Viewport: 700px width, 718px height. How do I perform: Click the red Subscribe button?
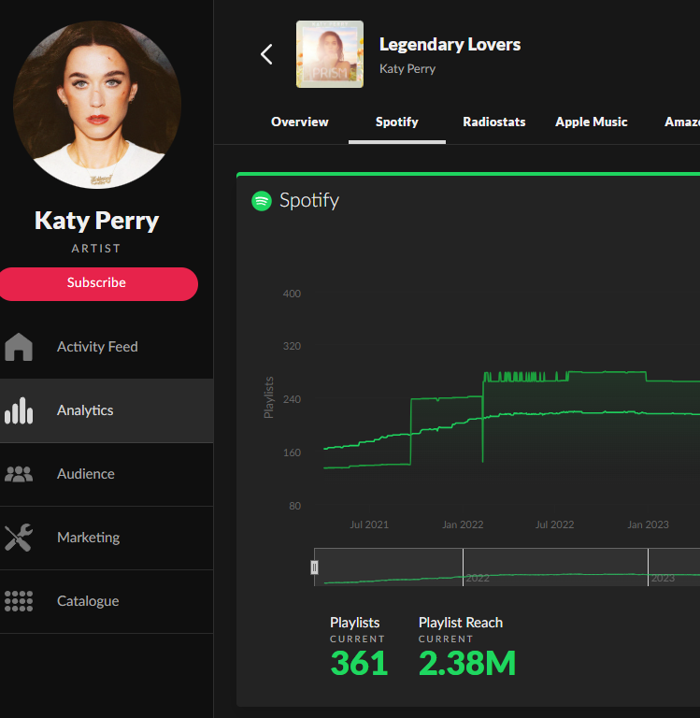[97, 283]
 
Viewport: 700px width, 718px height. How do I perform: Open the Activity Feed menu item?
[97, 347]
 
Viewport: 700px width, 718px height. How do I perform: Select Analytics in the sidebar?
[85, 410]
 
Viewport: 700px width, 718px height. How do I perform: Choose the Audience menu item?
[86, 474]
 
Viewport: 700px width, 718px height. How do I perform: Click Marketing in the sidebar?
[88, 538]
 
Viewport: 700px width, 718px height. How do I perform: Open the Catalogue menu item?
[88, 601]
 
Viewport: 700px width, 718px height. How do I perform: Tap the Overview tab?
[299, 122]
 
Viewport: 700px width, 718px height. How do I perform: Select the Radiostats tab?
[493, 122]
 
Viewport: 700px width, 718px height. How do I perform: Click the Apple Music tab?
[591, 122]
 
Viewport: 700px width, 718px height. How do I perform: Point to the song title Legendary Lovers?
[450, 45]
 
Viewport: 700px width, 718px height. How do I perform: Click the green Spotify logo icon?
[262, 201]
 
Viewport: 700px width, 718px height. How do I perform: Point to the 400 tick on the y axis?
[292, 294]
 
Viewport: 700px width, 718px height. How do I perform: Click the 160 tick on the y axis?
[292, 453]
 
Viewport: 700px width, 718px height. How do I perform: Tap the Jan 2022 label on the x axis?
[463, 525]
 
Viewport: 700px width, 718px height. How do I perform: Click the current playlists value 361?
[359, 663]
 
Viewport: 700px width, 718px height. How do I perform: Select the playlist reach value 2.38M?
[466, 663]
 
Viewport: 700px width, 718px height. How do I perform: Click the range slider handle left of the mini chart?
[315, 567]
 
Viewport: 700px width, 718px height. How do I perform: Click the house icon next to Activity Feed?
[19, 347]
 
